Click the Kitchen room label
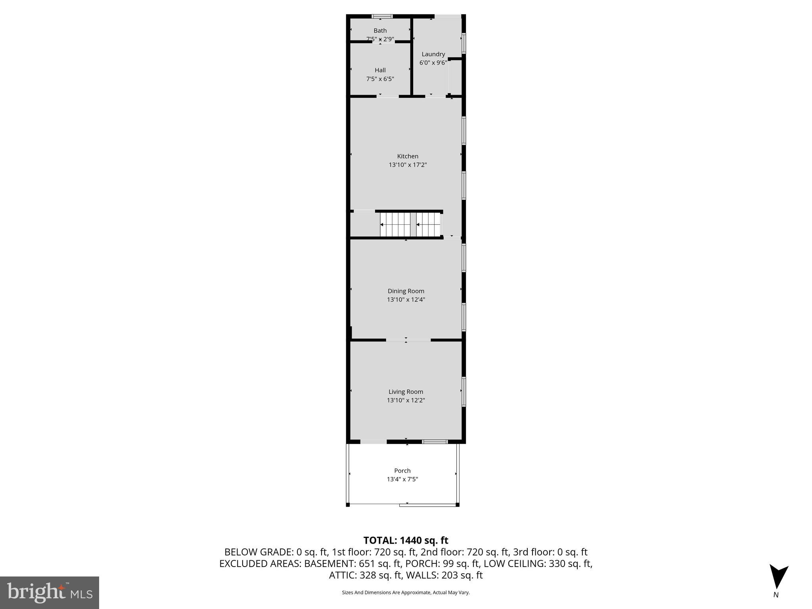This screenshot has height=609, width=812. (x=408, y=156)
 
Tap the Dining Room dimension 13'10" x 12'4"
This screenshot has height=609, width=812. (x=406, y=300)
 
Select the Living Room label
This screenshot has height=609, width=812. (x=406, y=392)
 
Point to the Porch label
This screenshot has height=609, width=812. (x=402, y=471)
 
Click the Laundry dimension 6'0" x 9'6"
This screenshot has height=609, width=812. (x=433, y=63)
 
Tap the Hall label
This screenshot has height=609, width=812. (x=380, y=70)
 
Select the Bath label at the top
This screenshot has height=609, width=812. (x=380, y=31)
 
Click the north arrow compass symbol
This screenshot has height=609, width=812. (x=778, y=577)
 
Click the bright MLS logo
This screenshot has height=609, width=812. (x=50, y=592)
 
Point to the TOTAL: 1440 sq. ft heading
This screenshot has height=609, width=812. (x=406, y=540)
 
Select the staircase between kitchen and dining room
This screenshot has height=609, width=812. (x=410, y=224)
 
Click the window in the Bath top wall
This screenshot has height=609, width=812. (x=382, y=17)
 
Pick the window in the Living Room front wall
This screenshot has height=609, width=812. (x=435, y=441)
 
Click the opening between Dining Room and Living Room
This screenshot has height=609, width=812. (x=408, y=340)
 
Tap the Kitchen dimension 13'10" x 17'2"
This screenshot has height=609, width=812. (x=408, y=165)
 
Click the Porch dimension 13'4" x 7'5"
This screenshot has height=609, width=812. (x=402, y=479)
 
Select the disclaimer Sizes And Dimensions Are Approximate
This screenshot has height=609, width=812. (x=406, y=592)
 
